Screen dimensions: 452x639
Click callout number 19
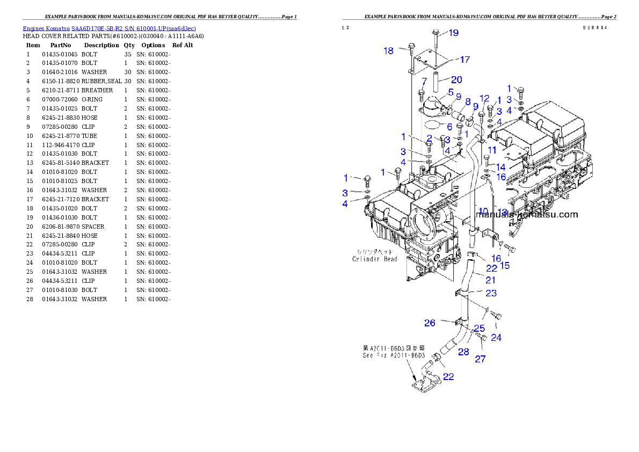pos(453,33)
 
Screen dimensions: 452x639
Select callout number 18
pos(388,50)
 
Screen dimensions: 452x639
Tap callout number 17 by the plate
pos(464,60)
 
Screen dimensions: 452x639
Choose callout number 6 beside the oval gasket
pos(449,127)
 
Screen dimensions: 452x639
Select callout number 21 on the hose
pos(490,280)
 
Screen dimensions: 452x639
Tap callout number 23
pos(491,293)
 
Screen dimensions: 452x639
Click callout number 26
pos(430,323)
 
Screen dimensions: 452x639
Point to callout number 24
pos(496,338)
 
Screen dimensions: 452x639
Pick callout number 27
pos(480,359)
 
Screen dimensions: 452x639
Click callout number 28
pos(463,352)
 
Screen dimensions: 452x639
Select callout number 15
pos(505,265)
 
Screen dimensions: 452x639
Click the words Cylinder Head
pos(375,259)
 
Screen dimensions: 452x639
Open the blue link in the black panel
pos(109,28)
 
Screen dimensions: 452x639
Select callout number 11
pos(492,150)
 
